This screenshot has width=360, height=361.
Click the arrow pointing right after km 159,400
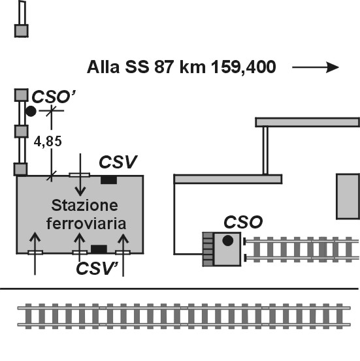316,67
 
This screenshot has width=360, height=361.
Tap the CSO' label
54,97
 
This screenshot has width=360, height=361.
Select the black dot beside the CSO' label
31,112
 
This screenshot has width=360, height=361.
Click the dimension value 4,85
48,142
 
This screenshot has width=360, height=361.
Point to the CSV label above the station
118,162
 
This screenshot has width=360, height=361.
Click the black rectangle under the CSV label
108,180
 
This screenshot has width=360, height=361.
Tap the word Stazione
84,205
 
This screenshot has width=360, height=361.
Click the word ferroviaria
86,223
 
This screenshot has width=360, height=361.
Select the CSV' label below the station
97,268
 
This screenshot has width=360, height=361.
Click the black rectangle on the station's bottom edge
99,249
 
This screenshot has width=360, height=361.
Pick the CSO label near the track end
243,222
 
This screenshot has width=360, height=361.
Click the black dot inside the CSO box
228,241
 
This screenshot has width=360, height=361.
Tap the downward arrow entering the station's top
80,175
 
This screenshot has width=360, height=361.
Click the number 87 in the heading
164,67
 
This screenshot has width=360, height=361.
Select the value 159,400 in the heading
244,67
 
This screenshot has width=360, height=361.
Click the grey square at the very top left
22,31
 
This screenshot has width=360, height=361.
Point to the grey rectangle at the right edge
348,196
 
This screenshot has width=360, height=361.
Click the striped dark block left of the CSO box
208,249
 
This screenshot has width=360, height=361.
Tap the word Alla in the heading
103,67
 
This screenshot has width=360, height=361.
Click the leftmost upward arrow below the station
35,253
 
